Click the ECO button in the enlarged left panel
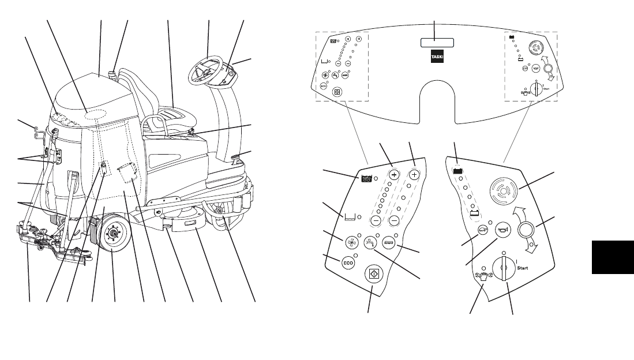tap(348, 262)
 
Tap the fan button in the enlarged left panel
tap(351, 243)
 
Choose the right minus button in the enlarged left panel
tap(395, 221)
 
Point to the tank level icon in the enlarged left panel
tap(348, 217)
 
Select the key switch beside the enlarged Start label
tap(506, 269)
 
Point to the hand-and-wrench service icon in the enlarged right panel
tap(482, 275)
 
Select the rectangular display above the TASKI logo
tap(437, 43)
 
